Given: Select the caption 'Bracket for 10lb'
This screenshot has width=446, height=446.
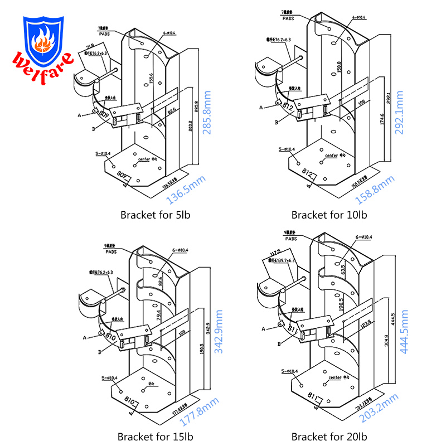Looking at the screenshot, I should pos(329,215).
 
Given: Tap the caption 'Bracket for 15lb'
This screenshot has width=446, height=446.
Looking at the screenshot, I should pos(153,437).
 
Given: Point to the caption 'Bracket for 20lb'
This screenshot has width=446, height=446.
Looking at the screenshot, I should pos(329,437).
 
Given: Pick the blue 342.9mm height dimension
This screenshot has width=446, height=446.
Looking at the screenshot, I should pos(219,333).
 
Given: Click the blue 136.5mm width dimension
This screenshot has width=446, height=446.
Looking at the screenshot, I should pos(185,191).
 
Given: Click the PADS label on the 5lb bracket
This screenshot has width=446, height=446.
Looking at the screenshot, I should pos(105,33).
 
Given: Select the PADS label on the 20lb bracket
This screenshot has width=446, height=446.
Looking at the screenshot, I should pos(289,237).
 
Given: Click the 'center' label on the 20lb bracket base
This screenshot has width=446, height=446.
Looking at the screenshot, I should pos(334,377).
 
